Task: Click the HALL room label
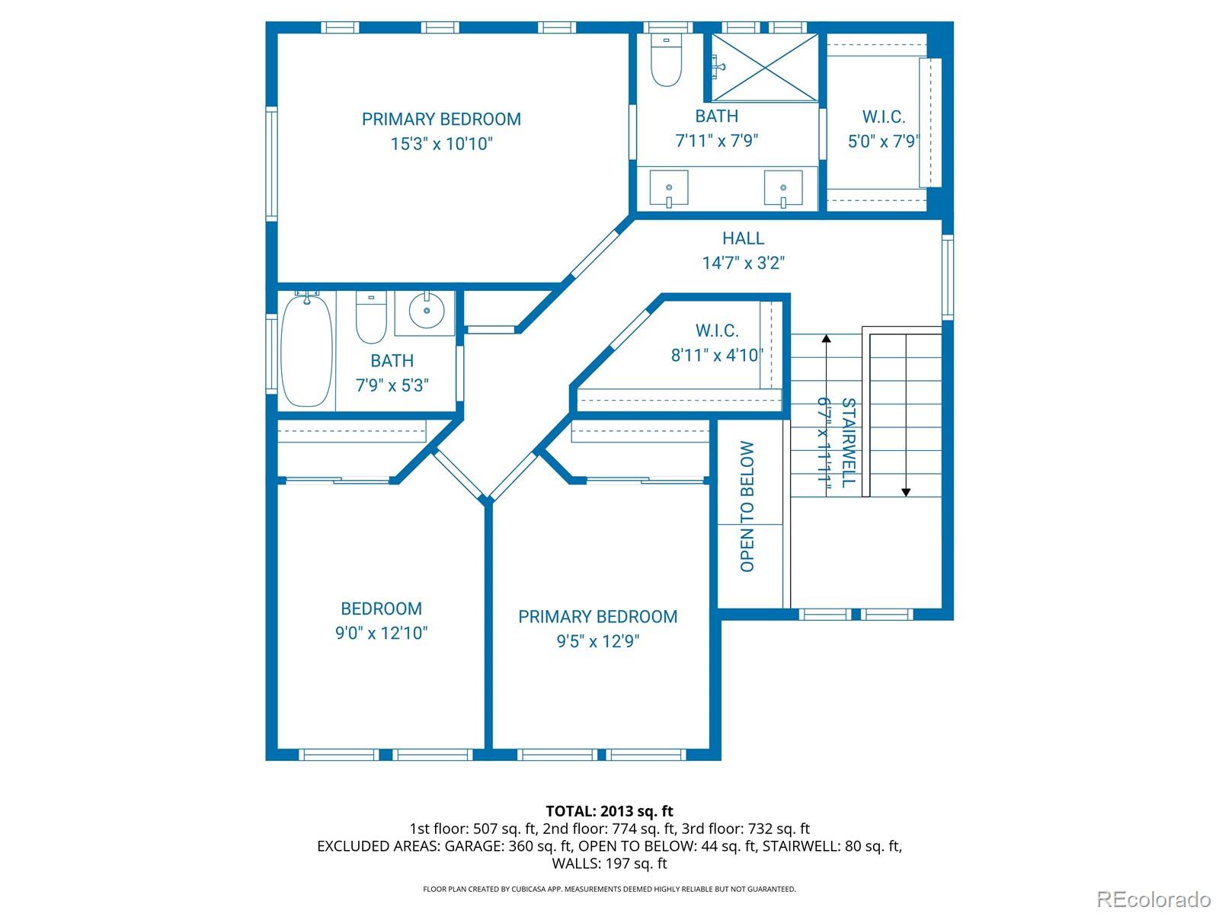point(743,238)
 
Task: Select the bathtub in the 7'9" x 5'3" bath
point(306,351)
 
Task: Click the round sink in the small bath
point(426,311)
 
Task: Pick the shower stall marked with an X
point(764,67)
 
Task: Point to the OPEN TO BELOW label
point(747,507)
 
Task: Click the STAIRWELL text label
point(848,443)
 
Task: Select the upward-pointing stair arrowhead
point(826,340)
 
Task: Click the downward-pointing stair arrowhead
point(906,492)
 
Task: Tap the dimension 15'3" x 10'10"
point(442,144)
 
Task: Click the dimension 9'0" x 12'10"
point(381,633)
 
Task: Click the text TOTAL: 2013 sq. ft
point(609,811)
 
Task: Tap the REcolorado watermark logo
point(1153,899)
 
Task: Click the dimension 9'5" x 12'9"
point(597,641)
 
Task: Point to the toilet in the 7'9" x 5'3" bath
point(371,320)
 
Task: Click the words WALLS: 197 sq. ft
point(609,863)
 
